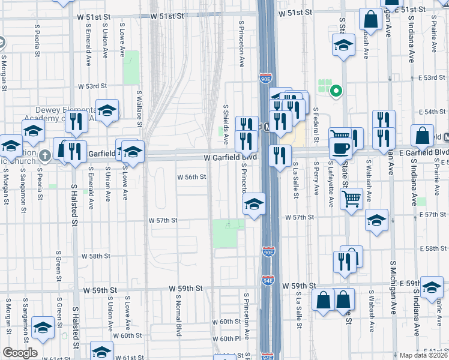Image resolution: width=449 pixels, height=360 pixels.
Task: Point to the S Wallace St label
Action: [x=139, y=108]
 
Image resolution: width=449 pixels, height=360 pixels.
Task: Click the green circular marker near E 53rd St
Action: [x=337, y=91]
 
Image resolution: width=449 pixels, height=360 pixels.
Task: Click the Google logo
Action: [x=20, y=353]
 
